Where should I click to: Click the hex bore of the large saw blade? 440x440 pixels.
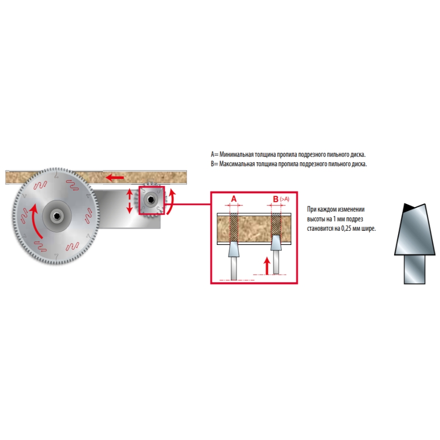[x=57, y=216]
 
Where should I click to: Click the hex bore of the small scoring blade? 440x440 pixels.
[x=152, y=199]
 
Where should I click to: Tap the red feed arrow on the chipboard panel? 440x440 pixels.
[x=114, y=177]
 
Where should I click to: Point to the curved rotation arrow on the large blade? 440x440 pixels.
[x=36, y=221]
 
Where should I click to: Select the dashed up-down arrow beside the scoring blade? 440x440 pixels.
[x=129, y=201]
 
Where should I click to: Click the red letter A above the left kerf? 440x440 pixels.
[x=234, y=199]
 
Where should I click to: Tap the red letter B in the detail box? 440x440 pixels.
[x=276, y=199]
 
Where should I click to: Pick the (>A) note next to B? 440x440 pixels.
[x=284, y=199]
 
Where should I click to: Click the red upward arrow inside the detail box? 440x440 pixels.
[x=267, y=266]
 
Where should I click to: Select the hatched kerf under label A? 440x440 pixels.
[x=234, y=227]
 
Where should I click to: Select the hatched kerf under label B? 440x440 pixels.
[x=276, y=224]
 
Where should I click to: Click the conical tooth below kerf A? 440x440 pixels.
[x=234, y=249]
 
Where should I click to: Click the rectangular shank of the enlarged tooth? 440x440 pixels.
[x=415, y=269]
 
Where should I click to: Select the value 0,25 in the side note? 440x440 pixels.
[x=346, y=228]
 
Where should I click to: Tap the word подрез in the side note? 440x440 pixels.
[x=354, y=219]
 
